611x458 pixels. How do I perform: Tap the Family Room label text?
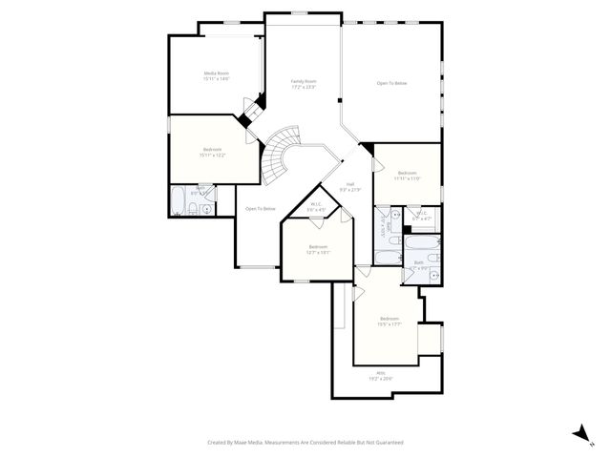click(304, 82)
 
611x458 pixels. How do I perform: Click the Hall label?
click(350, 183)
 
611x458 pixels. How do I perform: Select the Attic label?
click(380, 373)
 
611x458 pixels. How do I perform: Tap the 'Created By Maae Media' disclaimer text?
click(305, 443)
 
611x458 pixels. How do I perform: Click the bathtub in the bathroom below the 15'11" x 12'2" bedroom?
click(179, 200)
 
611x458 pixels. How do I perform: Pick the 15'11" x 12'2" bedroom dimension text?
click(212, 155)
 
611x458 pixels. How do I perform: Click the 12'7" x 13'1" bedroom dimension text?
click(318, 252)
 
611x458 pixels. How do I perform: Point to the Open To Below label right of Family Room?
click(391, 84)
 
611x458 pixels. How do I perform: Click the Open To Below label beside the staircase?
click(261, 209)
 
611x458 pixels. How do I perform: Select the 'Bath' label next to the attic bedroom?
click(418, 263)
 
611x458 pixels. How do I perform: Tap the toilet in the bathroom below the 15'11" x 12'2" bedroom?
click(194, 209)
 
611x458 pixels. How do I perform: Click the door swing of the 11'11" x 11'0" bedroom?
click(366, 153)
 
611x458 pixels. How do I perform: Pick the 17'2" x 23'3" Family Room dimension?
click(304, 88)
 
